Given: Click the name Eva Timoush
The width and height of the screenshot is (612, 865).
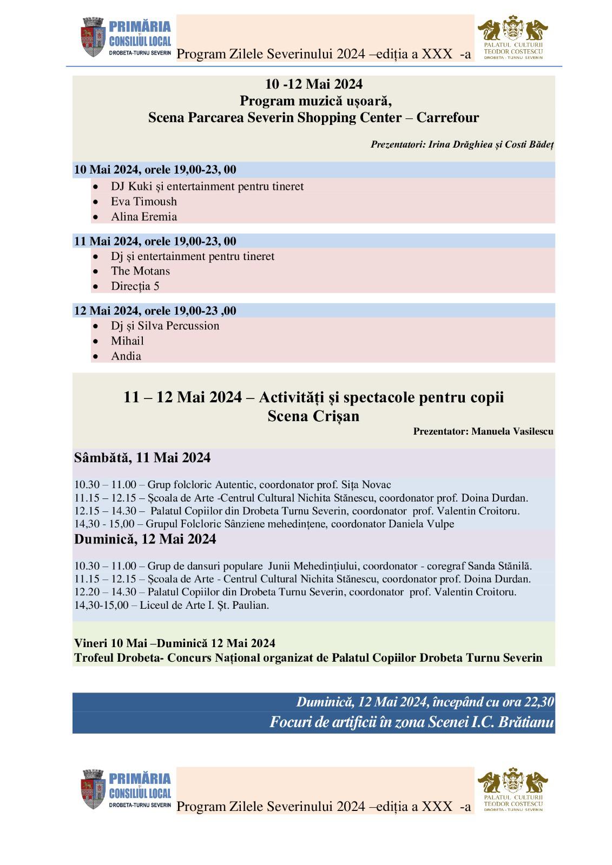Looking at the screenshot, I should point(144,202).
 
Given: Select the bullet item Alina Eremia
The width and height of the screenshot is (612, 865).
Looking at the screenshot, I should point(144,217).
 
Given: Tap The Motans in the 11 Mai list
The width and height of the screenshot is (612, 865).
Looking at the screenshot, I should point(140,271).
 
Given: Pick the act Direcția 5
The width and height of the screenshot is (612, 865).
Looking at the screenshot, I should point(135,287).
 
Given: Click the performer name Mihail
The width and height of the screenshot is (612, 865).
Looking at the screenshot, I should point(127,341).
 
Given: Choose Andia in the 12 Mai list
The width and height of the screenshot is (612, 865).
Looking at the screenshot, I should point(126,356).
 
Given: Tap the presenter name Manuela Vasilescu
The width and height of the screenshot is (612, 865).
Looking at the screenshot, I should point(512,431).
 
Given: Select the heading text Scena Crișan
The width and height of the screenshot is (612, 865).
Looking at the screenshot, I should point(313,416).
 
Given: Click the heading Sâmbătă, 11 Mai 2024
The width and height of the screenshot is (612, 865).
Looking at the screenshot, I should point(142,458).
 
